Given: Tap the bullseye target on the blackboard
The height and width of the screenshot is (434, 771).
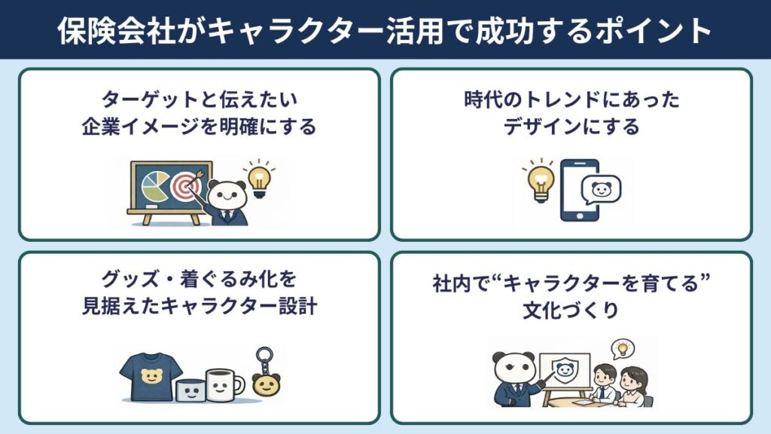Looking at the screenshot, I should (x=185, y=186).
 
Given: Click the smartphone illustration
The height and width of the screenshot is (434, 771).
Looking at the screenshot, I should (x=579, y=191).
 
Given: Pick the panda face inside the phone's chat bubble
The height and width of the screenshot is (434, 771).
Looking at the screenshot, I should (x=602, y=190).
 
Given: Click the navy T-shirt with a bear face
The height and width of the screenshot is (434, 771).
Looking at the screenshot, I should (x=151, y=374).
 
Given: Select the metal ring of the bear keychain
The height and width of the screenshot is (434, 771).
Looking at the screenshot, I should (x=265, y=356).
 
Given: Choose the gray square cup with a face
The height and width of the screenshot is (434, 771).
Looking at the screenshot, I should (x=189, y=389).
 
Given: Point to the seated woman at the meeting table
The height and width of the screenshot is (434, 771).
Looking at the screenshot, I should (x=632, y=384).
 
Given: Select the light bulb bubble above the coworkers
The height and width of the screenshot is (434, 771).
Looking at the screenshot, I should (x=622, y=348).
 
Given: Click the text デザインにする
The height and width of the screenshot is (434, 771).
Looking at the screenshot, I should (x=571, y=127).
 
